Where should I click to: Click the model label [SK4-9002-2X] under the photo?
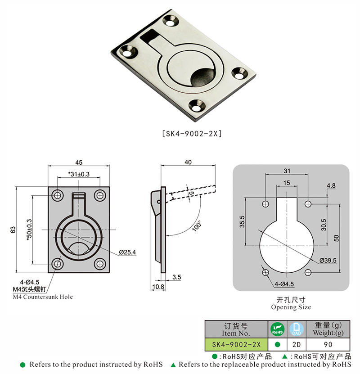(191, 134)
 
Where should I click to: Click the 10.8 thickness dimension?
(158, 287)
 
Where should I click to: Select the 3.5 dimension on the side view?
(176, 278)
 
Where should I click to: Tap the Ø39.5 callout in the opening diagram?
(328, 261)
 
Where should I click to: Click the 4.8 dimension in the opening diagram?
(331, 185)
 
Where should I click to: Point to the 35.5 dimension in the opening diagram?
(242, 223)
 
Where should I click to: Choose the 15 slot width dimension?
(287, 182)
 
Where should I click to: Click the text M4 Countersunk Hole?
(43, 297)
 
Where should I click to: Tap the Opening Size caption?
(291, 307)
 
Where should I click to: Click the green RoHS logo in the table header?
(277, 329)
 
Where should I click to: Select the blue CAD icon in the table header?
(297, 329)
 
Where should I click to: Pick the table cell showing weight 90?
(328, 344)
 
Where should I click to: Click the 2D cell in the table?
(297, 344)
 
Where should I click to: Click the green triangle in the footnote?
(173, 364)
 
